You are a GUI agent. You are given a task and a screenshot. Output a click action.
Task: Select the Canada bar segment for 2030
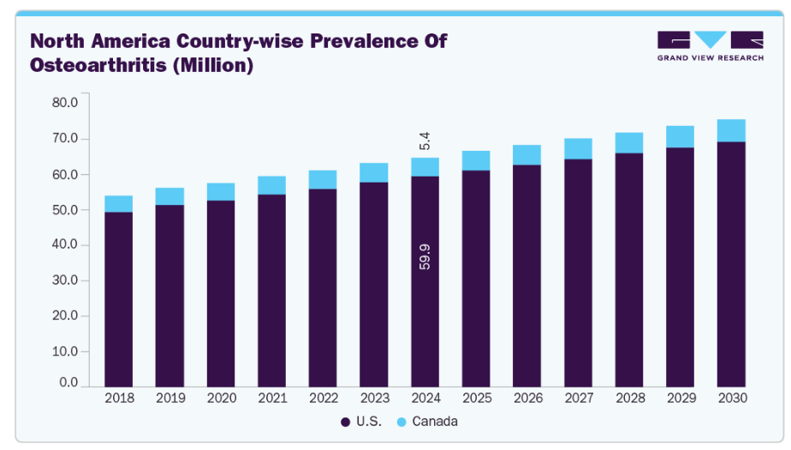click(x=731, y=130)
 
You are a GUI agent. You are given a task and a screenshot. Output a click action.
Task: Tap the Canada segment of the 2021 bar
click(x=271, y=185)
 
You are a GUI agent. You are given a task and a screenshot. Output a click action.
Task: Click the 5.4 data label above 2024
click(x=425, y=141)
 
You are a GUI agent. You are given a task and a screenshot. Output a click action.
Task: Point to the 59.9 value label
click(x=425, y=256)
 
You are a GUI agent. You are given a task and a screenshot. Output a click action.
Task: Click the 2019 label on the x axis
click(x=169, y=399)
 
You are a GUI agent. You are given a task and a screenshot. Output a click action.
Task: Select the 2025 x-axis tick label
click(x=476, y=399)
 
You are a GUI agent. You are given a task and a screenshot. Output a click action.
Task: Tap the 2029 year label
click(x=680, y=399)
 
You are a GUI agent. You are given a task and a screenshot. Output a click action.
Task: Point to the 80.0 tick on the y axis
click(x=65, y=103)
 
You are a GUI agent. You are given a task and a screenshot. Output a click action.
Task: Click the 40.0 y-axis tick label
click(x=65, y=245)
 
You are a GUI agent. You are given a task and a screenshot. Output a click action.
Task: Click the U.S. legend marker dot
click(x=345, y=422)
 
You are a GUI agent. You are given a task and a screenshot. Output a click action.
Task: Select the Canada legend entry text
click(x=435, y=422)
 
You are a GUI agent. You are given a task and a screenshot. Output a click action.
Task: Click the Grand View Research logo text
click(x=710, y=58)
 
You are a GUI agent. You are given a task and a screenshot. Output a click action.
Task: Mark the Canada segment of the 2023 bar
click(x=373, y=172)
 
